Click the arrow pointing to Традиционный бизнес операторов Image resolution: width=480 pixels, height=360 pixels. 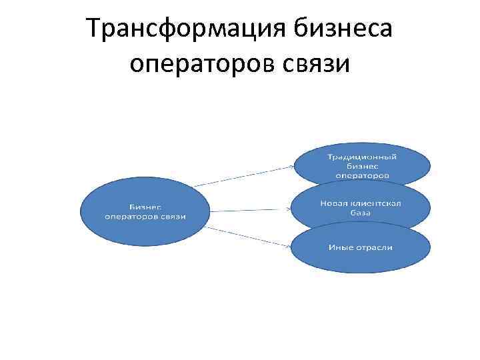247,175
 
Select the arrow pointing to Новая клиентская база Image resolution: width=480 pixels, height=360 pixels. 250,210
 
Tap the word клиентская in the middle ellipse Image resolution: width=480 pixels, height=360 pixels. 377,203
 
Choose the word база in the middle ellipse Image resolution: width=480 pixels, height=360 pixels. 361,213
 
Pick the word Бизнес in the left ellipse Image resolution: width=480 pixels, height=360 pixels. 145,206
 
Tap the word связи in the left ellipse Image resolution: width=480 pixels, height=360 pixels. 173,215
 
